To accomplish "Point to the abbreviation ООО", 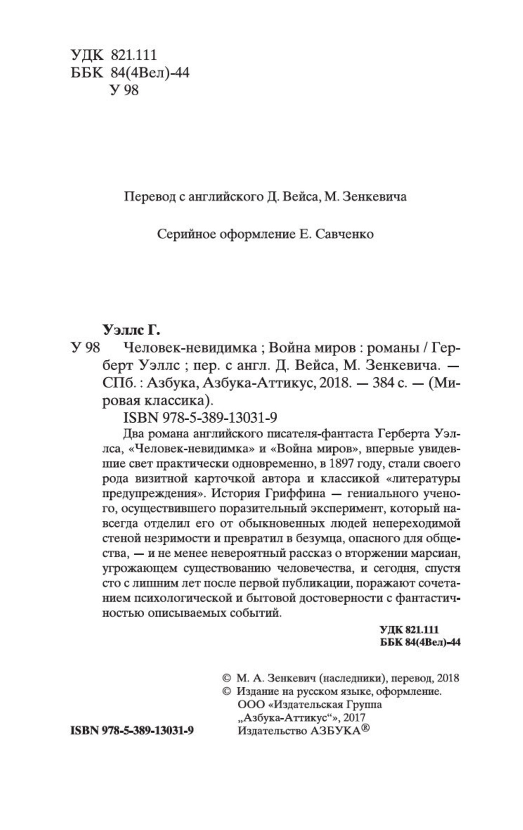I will coord(248,705).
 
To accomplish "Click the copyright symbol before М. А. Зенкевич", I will coord(227,678).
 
